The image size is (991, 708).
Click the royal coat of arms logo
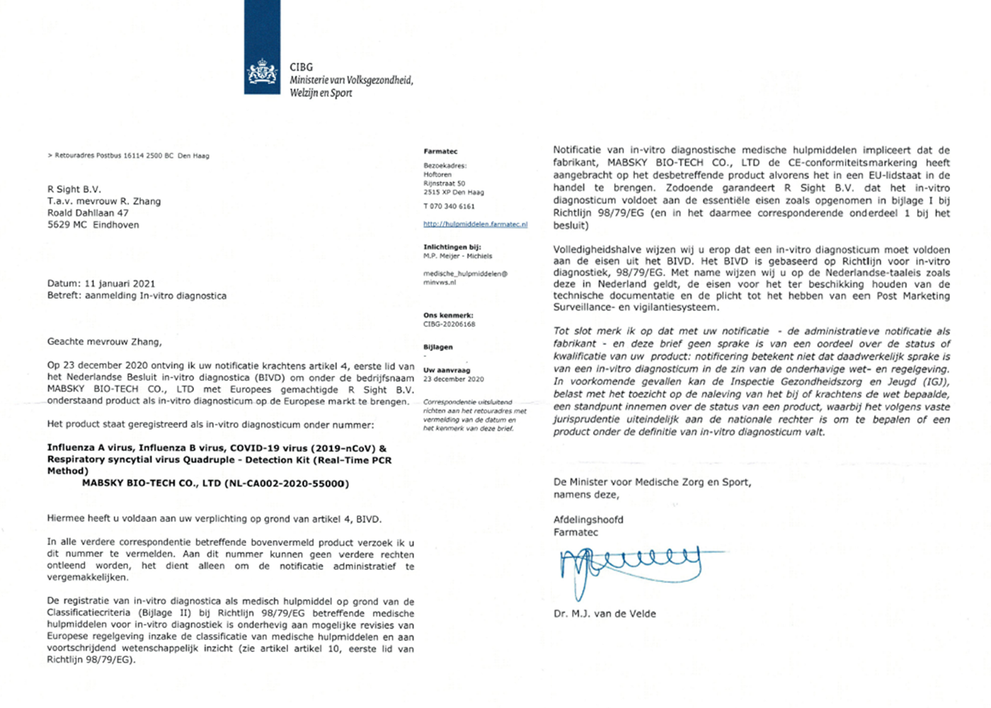262,73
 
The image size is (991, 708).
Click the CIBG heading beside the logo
301,67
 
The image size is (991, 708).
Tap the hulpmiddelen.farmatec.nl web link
475,224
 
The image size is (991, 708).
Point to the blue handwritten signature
630,566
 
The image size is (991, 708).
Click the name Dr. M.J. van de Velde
605,614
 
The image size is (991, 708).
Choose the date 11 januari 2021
119,283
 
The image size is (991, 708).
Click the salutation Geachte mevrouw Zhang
105,341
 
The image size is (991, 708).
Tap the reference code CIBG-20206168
449,324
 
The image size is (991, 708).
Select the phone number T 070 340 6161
449,206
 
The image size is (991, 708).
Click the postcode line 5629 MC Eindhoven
93,224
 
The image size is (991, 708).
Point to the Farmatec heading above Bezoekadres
440,152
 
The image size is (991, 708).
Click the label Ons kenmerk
448,315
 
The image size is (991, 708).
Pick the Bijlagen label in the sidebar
437,347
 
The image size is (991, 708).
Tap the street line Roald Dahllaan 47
88,212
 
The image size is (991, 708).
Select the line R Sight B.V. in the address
74,189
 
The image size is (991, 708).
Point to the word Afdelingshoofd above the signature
588,520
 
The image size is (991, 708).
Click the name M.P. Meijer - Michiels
457,256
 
